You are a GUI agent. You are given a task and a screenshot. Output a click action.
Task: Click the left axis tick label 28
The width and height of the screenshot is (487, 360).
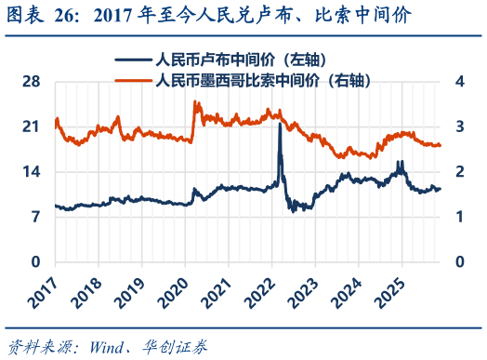(x=32, y=82)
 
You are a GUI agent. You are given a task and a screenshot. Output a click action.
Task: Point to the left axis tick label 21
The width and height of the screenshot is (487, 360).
(x=32, y=127)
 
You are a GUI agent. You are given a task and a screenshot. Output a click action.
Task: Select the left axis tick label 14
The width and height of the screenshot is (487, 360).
(x=32, y=172)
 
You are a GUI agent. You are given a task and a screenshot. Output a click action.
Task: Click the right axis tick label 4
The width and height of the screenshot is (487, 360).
(x=457, y=82)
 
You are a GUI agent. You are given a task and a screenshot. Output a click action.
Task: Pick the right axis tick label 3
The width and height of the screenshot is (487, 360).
(x=457, y=127)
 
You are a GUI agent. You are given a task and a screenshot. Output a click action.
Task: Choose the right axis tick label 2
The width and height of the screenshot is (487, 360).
(x=457, y=172)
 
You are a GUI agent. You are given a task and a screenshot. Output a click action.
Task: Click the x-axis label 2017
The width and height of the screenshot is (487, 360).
(x=42, y=289)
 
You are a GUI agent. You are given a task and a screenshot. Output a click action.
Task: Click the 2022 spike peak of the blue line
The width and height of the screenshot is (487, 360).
(x=280, y=124)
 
